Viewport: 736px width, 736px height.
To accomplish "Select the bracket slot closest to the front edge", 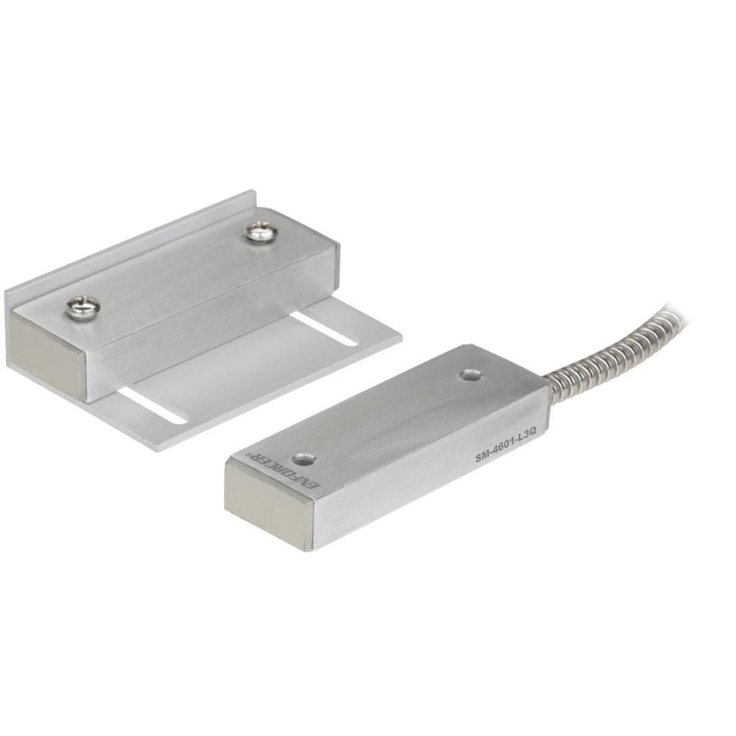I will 152,407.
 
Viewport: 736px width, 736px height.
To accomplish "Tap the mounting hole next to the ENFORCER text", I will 304,460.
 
